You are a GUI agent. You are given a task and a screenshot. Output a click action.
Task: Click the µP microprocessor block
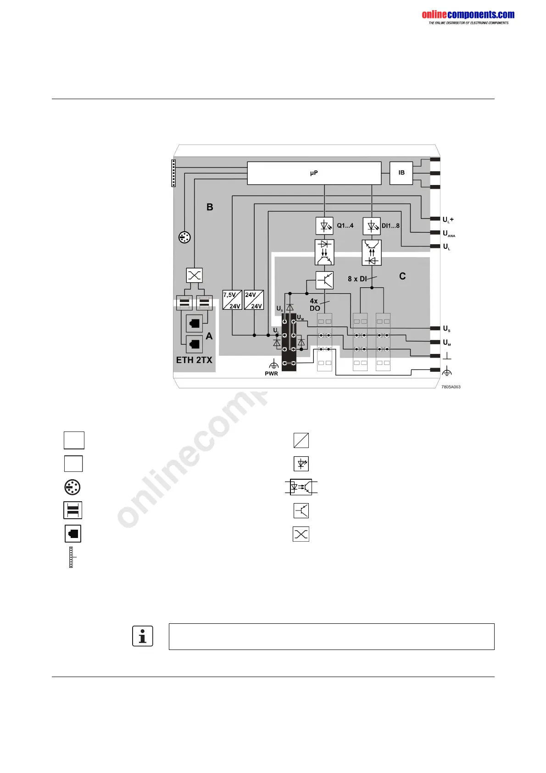314,173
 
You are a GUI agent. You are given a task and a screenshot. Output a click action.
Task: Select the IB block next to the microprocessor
401,173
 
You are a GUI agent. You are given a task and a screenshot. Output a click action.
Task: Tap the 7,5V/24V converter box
232,300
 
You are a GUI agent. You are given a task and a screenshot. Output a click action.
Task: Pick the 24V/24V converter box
254,300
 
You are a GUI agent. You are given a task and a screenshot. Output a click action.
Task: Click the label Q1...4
345,226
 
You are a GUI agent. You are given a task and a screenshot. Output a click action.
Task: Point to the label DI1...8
390,226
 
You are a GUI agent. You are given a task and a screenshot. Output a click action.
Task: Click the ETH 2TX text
194,360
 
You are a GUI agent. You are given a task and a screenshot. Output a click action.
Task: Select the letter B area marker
210,207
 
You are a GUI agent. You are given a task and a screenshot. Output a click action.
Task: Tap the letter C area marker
402,276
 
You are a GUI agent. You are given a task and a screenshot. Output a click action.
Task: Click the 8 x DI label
357,279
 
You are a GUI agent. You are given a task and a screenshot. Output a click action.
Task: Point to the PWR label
271,374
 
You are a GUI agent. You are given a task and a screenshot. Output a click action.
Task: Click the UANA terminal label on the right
449,234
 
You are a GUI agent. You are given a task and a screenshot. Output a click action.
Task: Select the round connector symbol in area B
184,237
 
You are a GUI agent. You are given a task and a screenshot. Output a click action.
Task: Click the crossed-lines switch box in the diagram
195,275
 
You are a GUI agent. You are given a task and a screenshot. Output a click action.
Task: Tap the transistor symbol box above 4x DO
324,280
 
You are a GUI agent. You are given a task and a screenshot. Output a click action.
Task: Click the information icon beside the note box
143,636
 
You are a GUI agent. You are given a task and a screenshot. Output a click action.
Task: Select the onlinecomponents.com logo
468,17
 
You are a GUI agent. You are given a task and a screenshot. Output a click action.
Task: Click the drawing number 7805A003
451,387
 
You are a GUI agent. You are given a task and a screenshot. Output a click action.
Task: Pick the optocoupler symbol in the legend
301,487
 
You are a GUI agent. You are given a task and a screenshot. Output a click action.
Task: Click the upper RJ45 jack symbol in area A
195,323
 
